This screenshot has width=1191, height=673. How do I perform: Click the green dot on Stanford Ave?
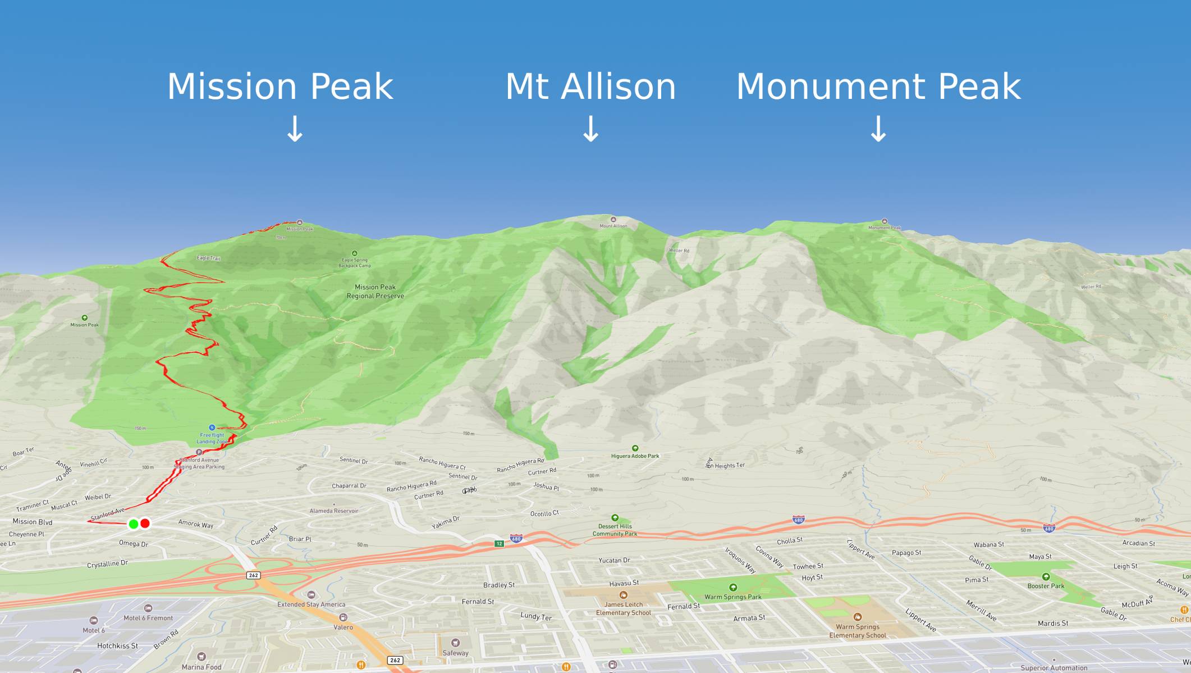click(x=133, y=524)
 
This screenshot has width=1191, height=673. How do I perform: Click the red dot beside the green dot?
click(x=145, y=524)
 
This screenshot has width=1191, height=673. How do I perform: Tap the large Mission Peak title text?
click(x=280, y=87)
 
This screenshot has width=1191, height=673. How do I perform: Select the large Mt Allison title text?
click(x=590, y=87)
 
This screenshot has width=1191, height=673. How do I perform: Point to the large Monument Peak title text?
click(x=878, y=87)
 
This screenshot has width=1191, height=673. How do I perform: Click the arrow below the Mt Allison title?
click(x=590, y=129)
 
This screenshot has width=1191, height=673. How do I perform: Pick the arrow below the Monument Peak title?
click(x=878, y=129)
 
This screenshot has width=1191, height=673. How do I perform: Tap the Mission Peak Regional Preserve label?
click(x=375, y=292)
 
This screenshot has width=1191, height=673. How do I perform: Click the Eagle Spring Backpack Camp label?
click(x=355, y=263)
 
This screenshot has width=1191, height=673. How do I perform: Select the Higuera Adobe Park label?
click(x=635, y=456)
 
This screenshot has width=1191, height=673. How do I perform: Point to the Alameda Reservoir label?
click(x=334, y=511)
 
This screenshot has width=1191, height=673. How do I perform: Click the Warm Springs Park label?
click(x=732, y=597)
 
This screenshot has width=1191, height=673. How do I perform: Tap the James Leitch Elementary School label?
click(x=624, y=608)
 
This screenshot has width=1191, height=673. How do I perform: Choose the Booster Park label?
click(x=1046, y=585)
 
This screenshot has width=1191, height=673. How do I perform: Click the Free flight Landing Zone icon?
click(x=212, y=428)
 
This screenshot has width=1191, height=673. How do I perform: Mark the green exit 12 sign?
click(x=499, y=544)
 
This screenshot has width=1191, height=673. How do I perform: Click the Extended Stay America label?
click(x=312, y=604)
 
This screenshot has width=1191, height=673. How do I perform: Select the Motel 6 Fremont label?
click(x=148, y=618)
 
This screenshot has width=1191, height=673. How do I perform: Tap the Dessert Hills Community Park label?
click(x=615, y=530)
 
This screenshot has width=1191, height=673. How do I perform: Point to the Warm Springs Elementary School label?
click(x=858, y=631)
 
